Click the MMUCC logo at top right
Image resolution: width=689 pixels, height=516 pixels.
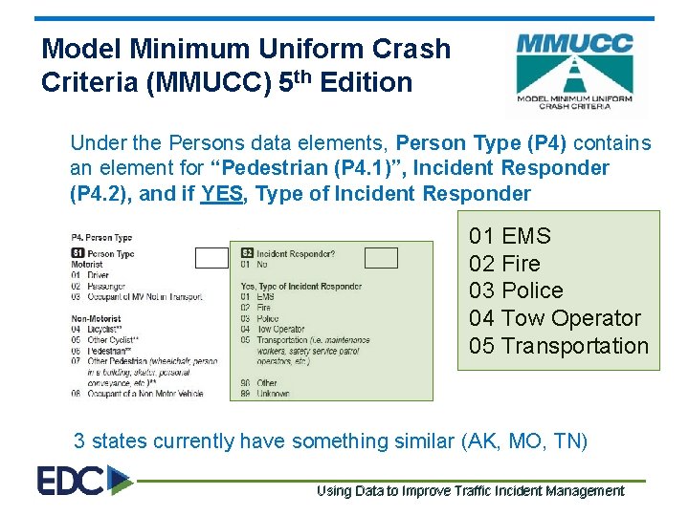574,73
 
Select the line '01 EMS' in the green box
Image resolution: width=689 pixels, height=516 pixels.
510,236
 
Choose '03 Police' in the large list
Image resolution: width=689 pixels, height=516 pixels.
516,290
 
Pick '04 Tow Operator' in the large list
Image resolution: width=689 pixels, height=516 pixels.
555,318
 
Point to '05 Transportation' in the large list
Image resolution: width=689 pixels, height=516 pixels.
559,346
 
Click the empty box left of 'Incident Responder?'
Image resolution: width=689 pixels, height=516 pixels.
211,257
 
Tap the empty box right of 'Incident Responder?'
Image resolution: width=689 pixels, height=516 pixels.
381,257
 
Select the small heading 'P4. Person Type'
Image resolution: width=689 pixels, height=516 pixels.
101,237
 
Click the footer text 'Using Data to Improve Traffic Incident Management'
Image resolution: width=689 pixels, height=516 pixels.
470,491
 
